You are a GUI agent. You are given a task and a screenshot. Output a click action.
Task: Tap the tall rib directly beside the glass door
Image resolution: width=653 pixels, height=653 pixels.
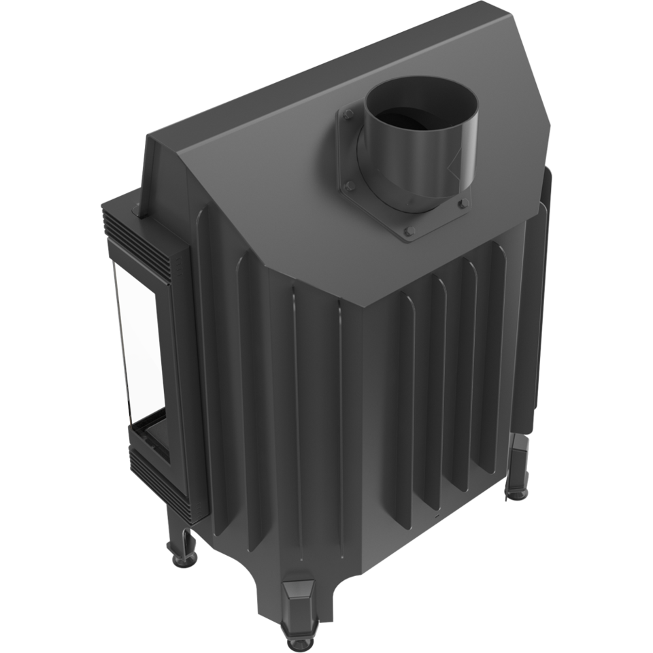204,374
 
